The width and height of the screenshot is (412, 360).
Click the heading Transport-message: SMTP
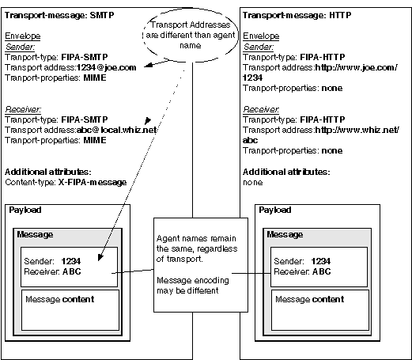[59, 15]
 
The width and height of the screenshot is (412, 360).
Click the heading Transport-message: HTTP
[297, 15]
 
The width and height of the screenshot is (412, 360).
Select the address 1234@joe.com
[107, 67]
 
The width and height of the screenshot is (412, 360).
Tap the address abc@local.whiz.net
[117, 130]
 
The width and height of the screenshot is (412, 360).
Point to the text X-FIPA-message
[93, 182]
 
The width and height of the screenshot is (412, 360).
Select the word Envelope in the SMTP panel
[23, 36]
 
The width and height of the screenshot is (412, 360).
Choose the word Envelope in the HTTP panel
[261, 36]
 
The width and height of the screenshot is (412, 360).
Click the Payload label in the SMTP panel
[25, 210]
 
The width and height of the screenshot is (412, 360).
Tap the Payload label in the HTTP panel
[275, 210]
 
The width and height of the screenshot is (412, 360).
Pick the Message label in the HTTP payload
[285, 234]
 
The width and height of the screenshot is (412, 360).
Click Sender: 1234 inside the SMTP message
[52, 261]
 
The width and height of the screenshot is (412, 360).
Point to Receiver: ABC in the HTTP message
[302, 271]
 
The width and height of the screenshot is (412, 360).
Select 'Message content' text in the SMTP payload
[60, 299]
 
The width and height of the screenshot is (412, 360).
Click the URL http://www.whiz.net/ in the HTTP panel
[357, 130]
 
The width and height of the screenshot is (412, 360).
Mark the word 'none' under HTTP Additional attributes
[252, 182]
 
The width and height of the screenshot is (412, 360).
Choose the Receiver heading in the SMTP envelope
[23, 109]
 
